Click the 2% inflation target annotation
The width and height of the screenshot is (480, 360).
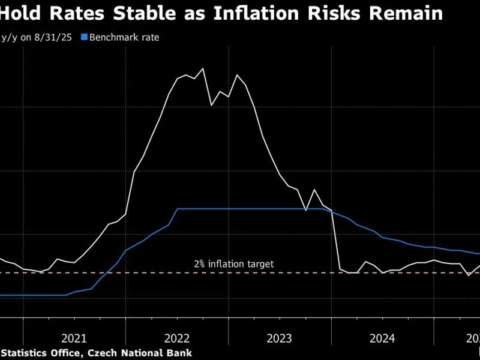click(234, 263)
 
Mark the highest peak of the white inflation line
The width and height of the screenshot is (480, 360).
click(203, 68)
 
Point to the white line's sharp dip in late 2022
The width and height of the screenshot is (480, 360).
click(211, 106)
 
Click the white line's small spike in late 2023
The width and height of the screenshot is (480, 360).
click(314, 190)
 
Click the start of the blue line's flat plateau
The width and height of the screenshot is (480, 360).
click(178, 209)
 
